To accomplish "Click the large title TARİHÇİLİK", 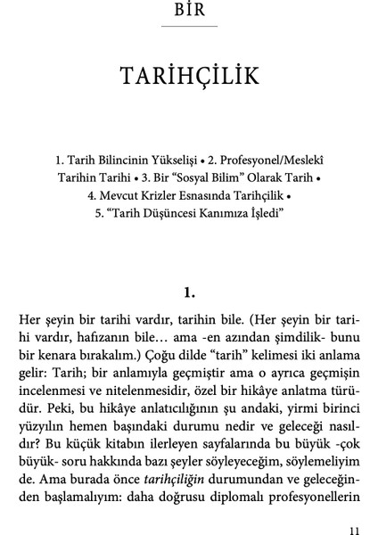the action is [189, 77].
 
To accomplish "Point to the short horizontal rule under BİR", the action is [189, 28].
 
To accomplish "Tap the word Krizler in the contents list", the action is [164, 193].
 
